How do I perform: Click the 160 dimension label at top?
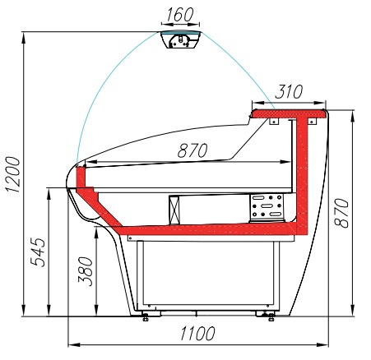(x=179, y=14)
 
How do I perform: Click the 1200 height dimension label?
(x=13, y=175)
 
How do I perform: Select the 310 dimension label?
(x=289, y=91)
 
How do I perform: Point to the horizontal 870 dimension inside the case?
(x=192, y=150)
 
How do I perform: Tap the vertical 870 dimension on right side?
(x=341, y=213)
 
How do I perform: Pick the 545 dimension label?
(x=38, y=252)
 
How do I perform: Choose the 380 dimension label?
(x=86, y=271)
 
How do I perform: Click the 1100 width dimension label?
(x=197, y=334)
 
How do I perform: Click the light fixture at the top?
(x=181, y=39)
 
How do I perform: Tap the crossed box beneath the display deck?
(x=174, y=210)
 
